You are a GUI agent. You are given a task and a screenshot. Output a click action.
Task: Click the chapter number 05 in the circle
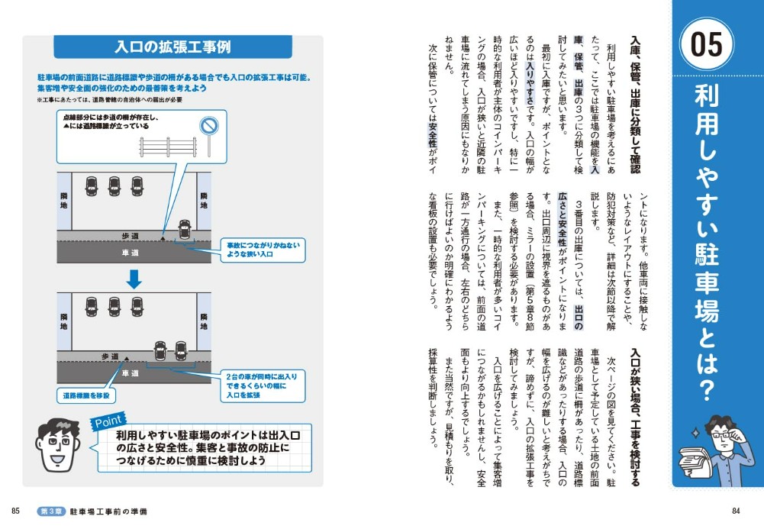(x=707, y=44)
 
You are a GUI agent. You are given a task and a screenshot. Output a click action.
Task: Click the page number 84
(x=736, y=511)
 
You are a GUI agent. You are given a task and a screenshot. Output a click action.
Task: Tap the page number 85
(x=15, y=511)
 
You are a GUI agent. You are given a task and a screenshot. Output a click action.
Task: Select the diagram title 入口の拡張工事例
(x=173, y=47)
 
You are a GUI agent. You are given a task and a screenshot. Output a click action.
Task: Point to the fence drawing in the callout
(x=168, y=147)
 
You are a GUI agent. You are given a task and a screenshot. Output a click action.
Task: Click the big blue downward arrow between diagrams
(x=134, y=279)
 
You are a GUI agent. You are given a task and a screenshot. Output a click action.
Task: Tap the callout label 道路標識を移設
(x=86, y=395)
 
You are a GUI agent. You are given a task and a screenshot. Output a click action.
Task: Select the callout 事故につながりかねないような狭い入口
(x=263, y=250)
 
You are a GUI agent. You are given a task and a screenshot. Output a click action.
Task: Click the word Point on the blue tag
(x=108, y=421)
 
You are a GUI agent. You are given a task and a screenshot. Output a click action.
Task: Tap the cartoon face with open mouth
(x=57, y=444)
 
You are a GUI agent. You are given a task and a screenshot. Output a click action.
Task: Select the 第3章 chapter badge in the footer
(x=51, y=511)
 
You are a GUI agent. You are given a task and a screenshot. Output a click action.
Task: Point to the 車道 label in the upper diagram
(x=130, y=253)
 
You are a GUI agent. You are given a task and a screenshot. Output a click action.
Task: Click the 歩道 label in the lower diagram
(x=110, y=356)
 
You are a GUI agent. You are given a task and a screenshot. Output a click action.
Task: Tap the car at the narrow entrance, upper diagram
(x=184, y=229)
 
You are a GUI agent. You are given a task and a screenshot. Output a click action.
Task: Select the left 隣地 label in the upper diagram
(x=64, y=200)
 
